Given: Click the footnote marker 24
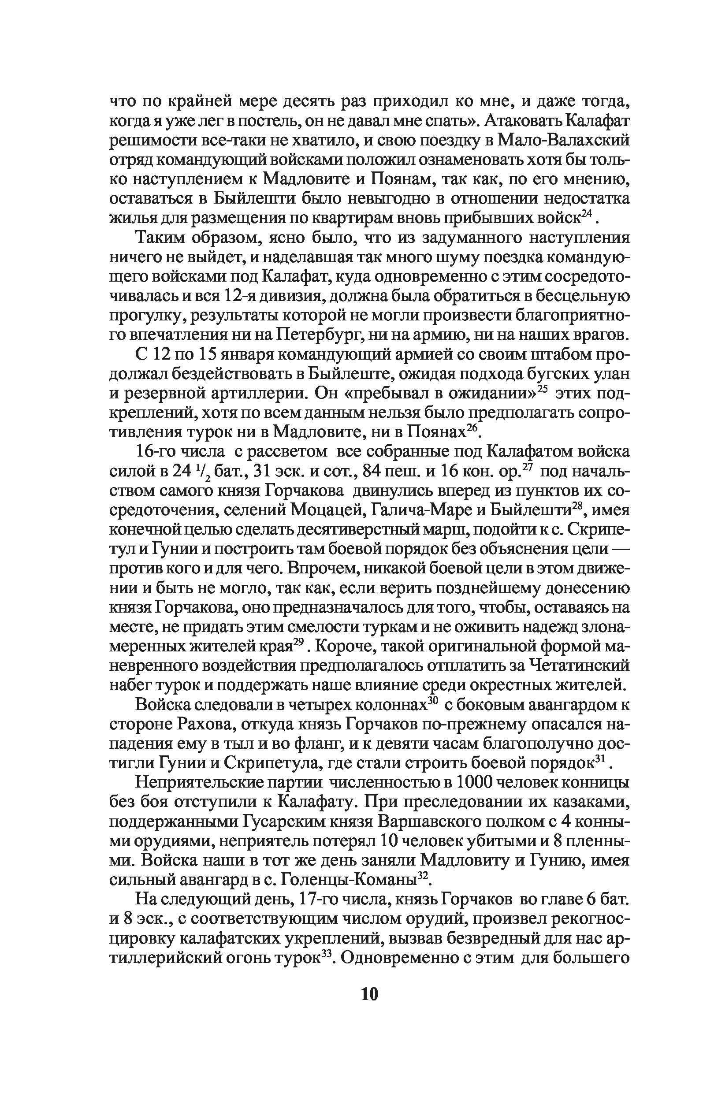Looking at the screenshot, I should coord(586,215).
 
